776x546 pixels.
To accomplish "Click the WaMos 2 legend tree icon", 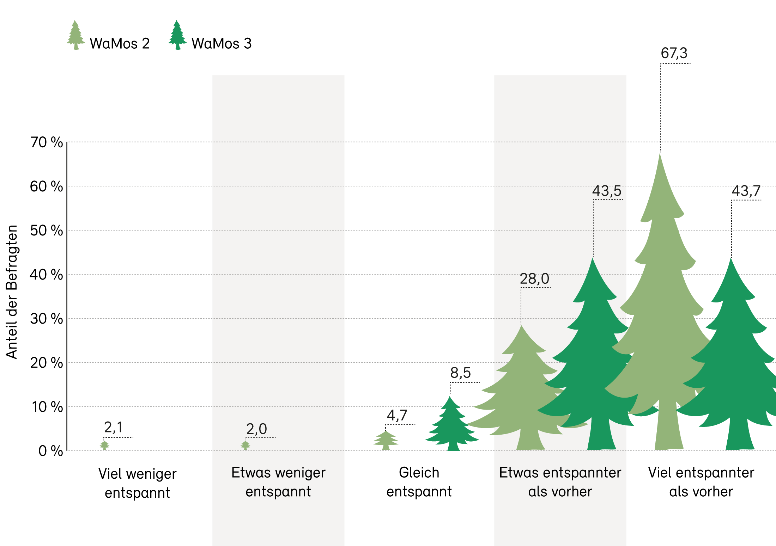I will [75, 35].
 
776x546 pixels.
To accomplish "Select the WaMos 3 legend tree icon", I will [177, 35].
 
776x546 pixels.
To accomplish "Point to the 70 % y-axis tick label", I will [46, 142].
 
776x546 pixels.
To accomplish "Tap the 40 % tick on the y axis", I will [46, 275].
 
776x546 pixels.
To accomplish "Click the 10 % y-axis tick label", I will [47, 407].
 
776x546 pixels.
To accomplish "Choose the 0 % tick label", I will [50, 451].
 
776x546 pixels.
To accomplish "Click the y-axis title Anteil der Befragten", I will [12, 292].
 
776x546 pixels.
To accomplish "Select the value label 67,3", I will [674, 53].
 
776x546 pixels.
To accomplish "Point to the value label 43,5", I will [606, 191].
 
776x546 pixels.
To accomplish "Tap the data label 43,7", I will [746, 191].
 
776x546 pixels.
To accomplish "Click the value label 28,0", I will [534, 279].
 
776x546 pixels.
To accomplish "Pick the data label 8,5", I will [460, 373].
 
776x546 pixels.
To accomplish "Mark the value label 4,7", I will [397, 415].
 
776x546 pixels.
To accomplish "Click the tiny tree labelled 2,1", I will [104, 446].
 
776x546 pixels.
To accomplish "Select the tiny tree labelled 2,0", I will [245, 446].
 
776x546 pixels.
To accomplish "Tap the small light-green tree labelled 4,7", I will [386, 441].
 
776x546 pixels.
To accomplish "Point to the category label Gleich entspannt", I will [419, 482].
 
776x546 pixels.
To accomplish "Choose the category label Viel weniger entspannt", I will [137, 483].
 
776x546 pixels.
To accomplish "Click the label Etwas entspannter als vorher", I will [560, 482].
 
